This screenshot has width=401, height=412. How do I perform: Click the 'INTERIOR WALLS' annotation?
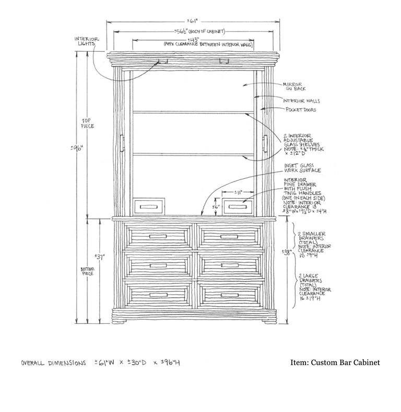[x=301, y=101]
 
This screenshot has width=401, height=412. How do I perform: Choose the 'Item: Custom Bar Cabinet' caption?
[x=334, y=362]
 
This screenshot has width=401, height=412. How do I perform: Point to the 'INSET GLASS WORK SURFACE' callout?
[x=302, y=168]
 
